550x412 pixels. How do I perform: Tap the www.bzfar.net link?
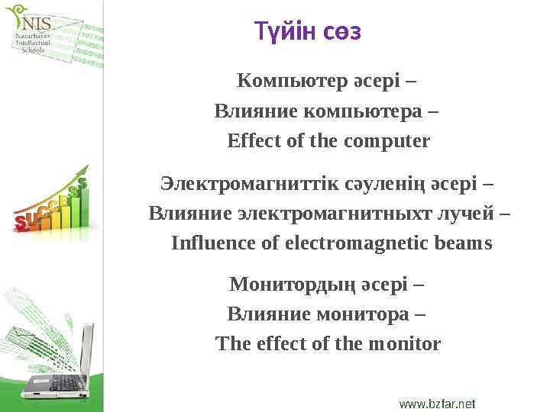tap(437, 401)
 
